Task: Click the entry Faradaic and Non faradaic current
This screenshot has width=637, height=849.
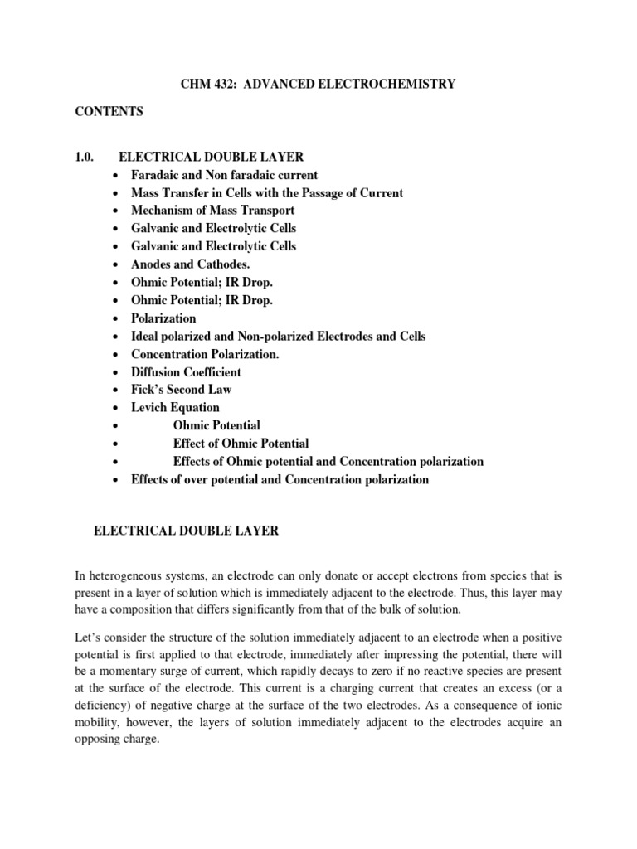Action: pyautogui.click(x=224, y=175)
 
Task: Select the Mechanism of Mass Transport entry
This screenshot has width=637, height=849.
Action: pyautogui.click(x=212, y=211)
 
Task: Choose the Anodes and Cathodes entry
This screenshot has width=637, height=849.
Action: pyautogui.click(x=190, y=264)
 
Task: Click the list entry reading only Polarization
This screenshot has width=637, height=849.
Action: pyautogui.click(x=163, y=318)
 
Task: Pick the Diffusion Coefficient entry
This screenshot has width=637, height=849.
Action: pyautogui.click(x=187, y=372)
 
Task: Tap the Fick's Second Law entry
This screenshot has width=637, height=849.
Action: pyautogui.click(x=182, y=390)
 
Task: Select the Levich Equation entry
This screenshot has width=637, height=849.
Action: pyautogui.click(x=175, y=408)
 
